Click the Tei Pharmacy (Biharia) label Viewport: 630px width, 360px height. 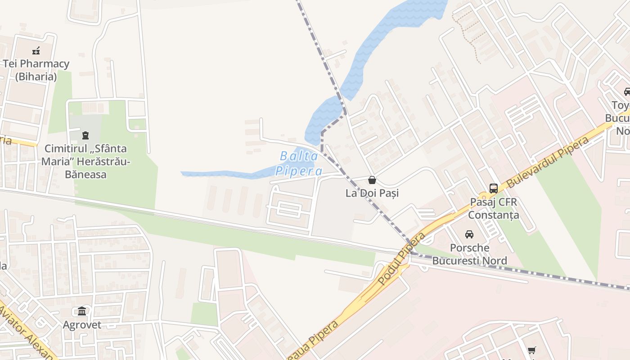pos(36,70)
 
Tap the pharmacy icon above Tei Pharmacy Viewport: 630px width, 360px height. pos(36,50)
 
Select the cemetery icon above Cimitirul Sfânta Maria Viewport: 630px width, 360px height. pos(85,135)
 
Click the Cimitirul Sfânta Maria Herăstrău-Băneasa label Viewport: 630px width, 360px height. pos(85,161)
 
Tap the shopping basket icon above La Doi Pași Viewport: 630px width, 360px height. pos(372,180)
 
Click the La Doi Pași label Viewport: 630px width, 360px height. pos(372,193)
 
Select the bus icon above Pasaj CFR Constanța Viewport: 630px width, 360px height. pos(493,188)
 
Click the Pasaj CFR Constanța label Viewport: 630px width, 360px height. pos(493,208)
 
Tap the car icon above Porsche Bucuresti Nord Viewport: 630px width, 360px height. pos(469,234)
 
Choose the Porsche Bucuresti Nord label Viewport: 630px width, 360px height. pos(469,254)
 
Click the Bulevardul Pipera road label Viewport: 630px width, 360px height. pos(548,162)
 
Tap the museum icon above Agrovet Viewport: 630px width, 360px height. pos(82,311)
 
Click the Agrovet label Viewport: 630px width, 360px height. pos(82,325)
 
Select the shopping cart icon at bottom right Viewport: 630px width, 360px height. pos(532,350)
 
